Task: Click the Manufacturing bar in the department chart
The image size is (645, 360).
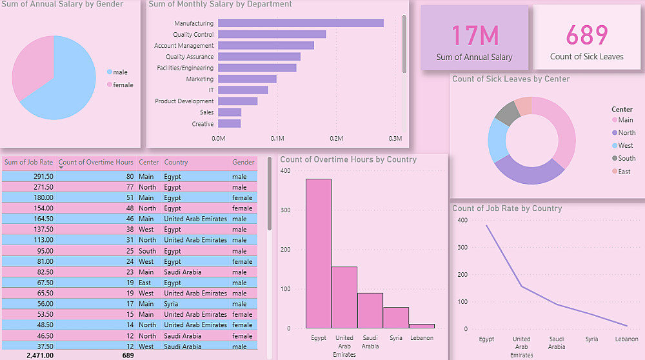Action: click(301, 23)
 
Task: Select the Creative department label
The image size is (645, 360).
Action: click(203, 124)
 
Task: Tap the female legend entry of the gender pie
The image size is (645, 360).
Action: click(123, 85)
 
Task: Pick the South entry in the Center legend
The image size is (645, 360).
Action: click(626, 158)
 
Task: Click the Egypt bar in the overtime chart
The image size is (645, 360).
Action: click(319, 253)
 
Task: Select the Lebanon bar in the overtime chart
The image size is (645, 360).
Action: click(422, 326)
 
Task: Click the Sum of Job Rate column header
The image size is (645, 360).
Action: click(29, 163)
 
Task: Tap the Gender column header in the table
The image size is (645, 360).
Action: click(243, 163)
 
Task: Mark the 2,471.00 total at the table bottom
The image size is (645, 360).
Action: click(40, 355)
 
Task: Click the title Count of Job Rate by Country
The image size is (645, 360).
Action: click(507, 208)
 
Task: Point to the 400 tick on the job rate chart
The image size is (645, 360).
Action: click(462, 220)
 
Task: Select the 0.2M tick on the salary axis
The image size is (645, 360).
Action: click(336, 138)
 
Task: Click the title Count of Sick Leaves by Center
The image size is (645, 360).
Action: click(511, 79)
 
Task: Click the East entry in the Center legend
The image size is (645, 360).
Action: click(624, 171)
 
